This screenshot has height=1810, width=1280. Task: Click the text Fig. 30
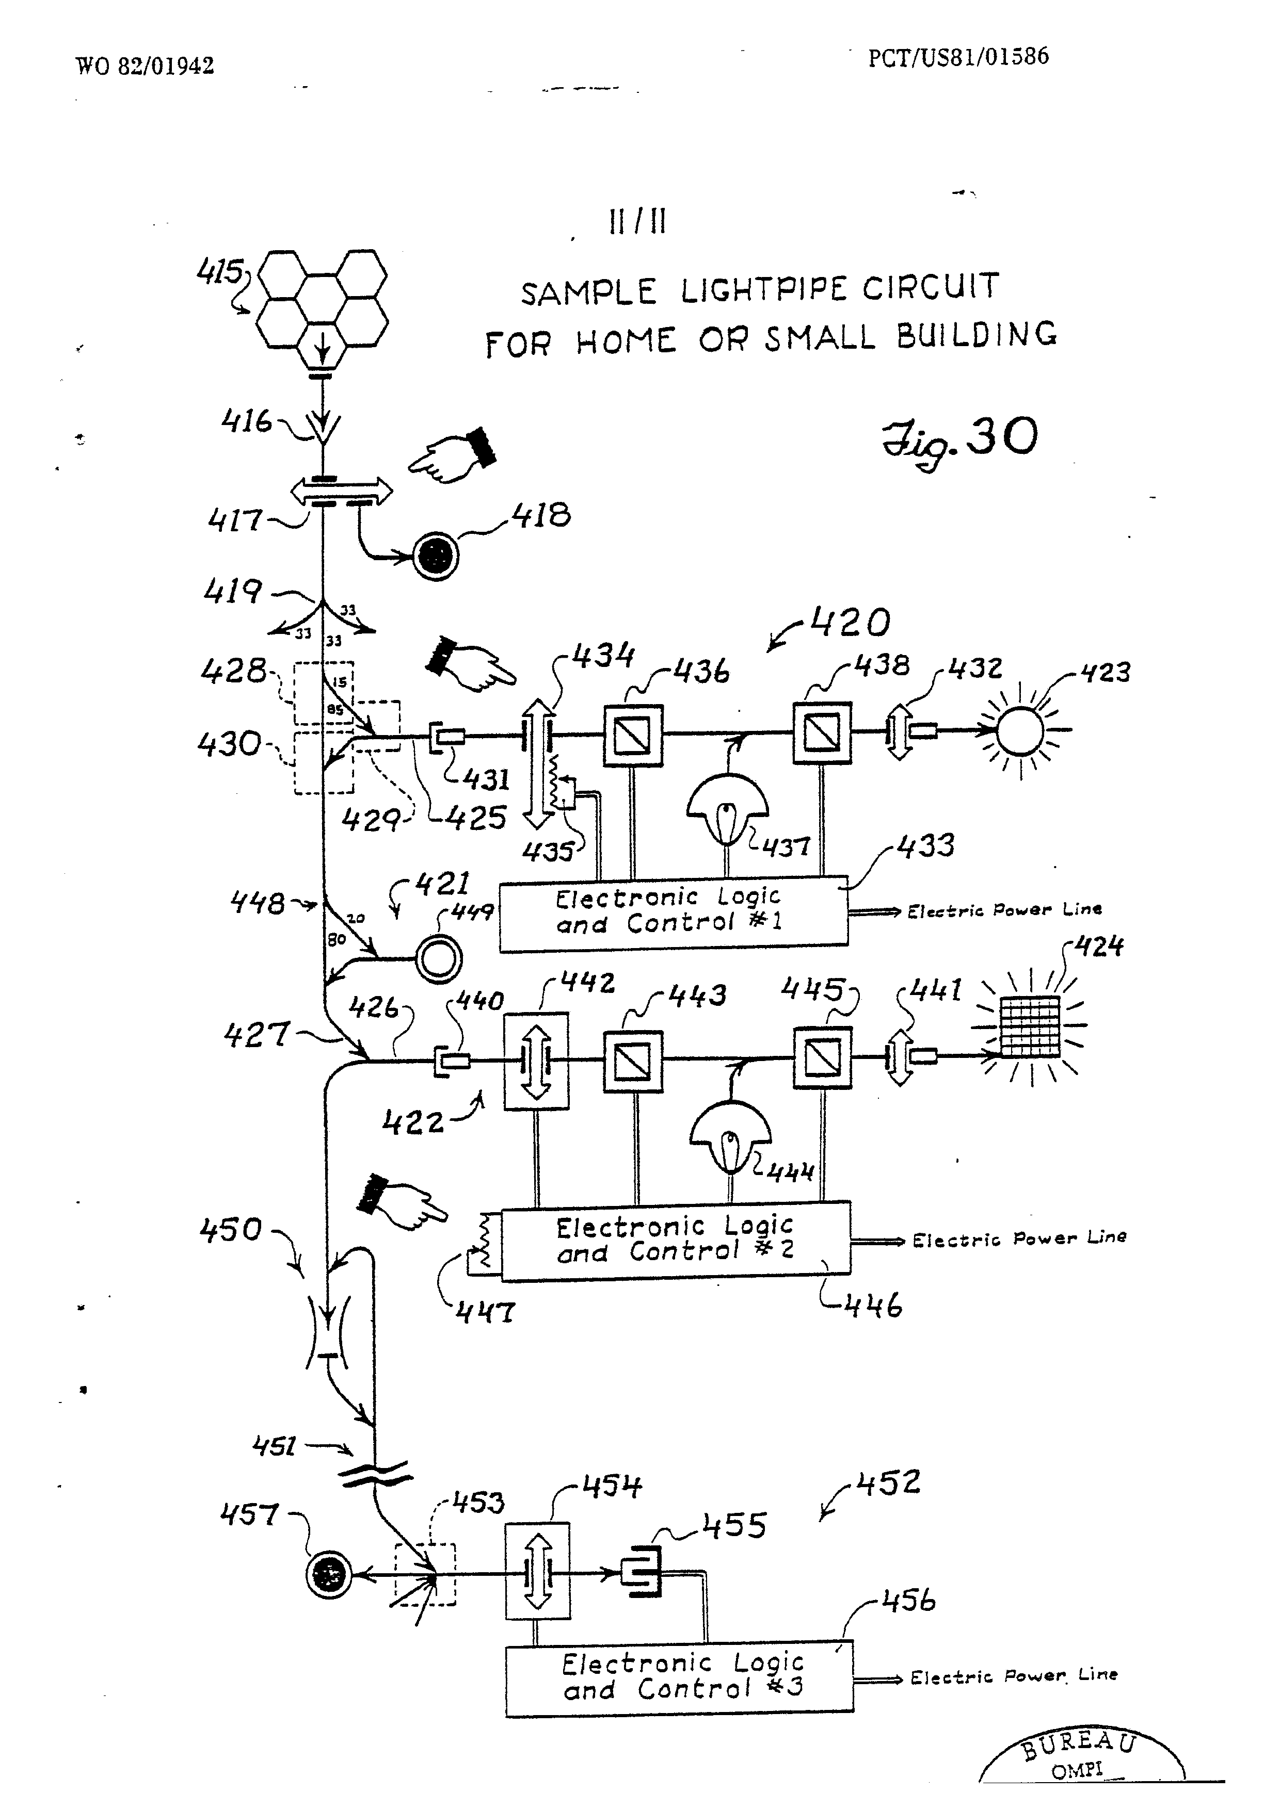959,442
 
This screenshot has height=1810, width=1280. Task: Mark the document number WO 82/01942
145,66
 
